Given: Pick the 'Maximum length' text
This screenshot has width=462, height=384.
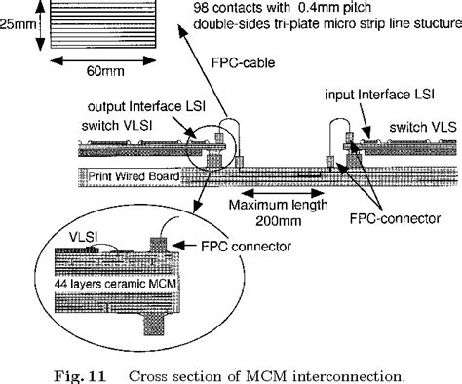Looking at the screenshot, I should point(273,206).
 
